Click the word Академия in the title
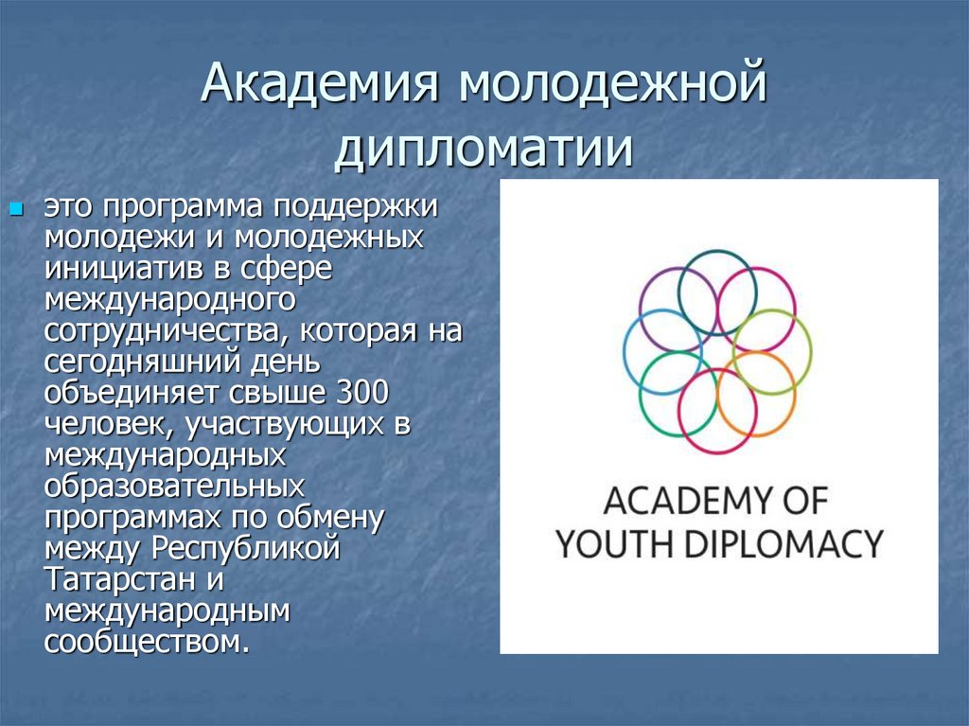coord(319,87)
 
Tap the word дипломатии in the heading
coord(484,149)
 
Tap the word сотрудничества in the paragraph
coord(156,332)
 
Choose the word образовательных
coord(174,487)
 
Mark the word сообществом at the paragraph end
coord(148,642)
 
